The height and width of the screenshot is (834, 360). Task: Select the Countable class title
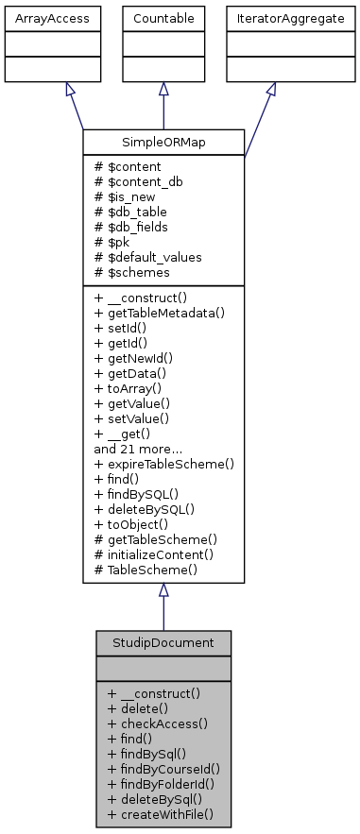[x=163, y=18]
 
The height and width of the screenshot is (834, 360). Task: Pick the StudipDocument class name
[x=163, y=642]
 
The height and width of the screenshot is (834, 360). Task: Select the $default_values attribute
[x=143, y=255]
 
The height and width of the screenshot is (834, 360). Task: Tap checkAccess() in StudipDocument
[x=158, y=723]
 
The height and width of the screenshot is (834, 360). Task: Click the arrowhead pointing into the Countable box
[x=163, y=89]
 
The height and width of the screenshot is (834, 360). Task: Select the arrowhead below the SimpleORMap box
[x=163, y=590]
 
